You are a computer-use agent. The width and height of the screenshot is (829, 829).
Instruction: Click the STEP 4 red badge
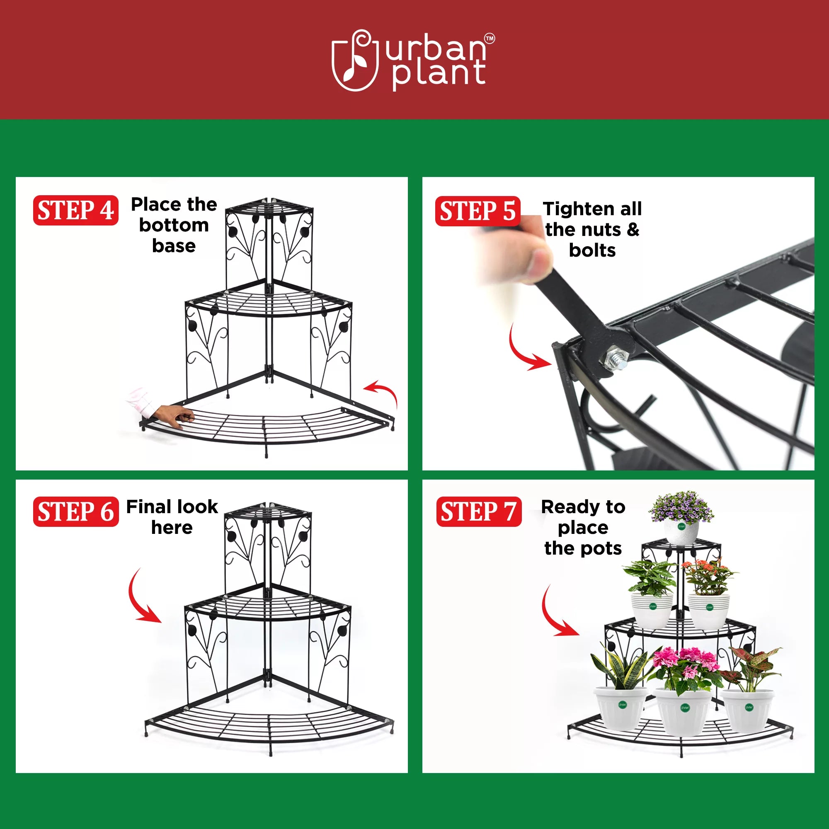coord(75,210)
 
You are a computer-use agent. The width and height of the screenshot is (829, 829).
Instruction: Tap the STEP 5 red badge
coord(477,211)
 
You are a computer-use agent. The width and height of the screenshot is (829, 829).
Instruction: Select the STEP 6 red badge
coord(75,511)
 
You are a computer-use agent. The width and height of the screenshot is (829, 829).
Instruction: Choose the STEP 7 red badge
coord(478,511)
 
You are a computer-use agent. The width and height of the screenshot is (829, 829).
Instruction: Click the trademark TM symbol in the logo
coord(489,39)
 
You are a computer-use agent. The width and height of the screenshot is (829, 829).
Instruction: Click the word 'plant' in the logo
coord(439,74)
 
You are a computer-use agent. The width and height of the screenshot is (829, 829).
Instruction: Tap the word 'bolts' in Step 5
coord(592,250)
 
